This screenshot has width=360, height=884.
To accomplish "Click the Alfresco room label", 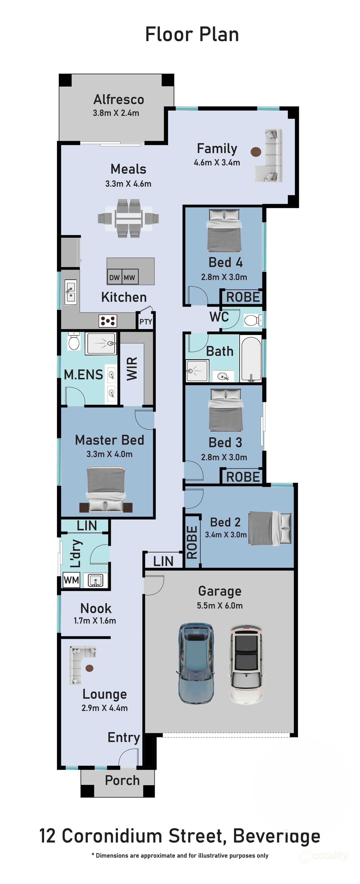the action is [119, 100].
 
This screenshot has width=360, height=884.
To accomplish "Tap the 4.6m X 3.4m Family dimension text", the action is [217, 162].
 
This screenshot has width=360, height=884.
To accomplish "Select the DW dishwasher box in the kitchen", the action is [114, 277].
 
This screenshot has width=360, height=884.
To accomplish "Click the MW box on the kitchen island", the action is [130, 277].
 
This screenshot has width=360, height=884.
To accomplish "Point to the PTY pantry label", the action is [145, 322].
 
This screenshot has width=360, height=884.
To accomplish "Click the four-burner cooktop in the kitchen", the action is [108, 321].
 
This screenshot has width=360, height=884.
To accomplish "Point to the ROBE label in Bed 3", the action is [243, 477].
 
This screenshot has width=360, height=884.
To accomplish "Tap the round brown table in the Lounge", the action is [89, 668].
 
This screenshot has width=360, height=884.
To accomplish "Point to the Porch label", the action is [122, 780].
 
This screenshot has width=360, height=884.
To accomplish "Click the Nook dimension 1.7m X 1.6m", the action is [95, 620].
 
